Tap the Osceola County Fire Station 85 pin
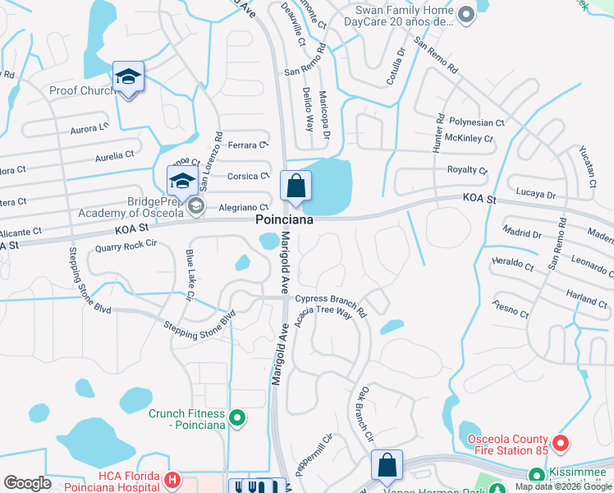tap(561, 445)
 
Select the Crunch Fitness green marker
tap(237, 420)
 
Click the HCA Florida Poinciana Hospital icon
tap(172, 480)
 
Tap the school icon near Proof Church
tap(128, 77)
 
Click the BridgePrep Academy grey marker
tap(195, 206)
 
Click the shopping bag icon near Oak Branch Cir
tap(387, 465)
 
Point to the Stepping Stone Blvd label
tap(200, 326)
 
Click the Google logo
tap(27, 482)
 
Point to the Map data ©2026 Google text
tap(563, 486)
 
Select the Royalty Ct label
tap(466, 170)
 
